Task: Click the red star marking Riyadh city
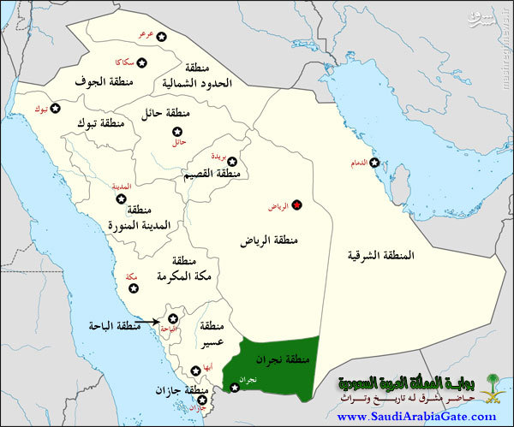pos(297,205)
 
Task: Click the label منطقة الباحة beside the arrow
pos(116,326)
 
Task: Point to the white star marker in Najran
pos(236,388)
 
